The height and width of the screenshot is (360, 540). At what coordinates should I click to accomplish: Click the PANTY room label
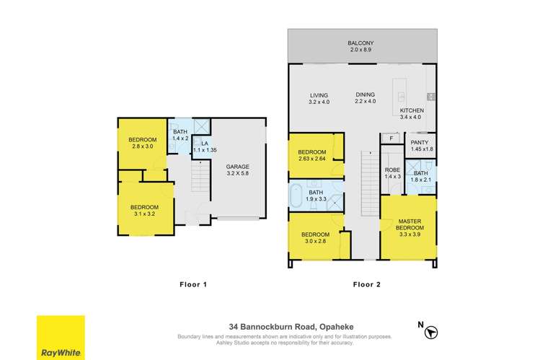coord(419,141)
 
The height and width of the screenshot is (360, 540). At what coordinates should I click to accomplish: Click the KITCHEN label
coord(412,110)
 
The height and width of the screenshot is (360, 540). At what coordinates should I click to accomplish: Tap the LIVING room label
coord(319,95)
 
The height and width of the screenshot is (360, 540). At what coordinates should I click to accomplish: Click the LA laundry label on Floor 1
coord(205,144)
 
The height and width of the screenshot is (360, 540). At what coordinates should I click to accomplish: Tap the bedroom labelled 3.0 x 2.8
coord(315,234)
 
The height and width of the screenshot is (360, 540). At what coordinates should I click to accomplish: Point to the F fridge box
coord(390,137)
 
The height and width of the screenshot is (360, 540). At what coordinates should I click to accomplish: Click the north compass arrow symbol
coord(431,333)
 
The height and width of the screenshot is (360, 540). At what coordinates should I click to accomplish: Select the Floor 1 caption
coord(193,284)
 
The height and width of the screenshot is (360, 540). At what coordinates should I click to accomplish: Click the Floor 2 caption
coord(367,284)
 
